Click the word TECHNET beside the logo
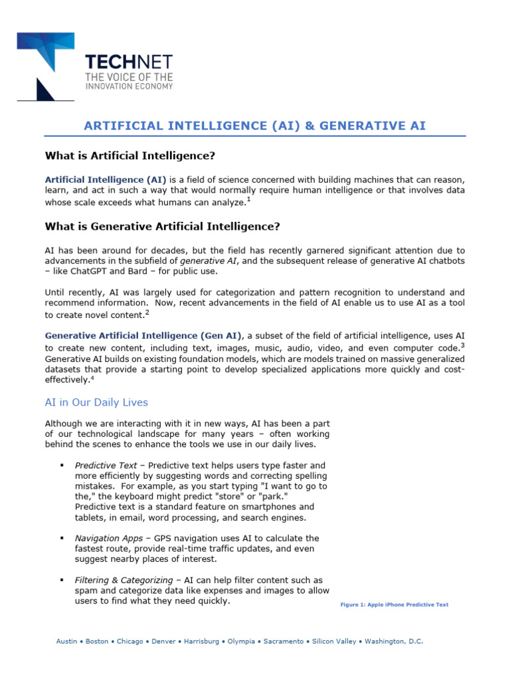point(129,62)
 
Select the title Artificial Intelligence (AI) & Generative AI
point(254,126)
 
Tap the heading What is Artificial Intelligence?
point(130,156)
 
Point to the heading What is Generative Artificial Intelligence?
point(162,226)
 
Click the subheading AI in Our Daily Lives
point(96,402)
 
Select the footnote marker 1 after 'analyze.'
point(248,199)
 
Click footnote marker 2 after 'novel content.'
point(147,312)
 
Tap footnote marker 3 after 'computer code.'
point(462,344)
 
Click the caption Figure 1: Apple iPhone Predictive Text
point(394,605)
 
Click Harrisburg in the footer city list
point(201,641)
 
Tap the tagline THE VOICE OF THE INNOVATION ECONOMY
point(129,82)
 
